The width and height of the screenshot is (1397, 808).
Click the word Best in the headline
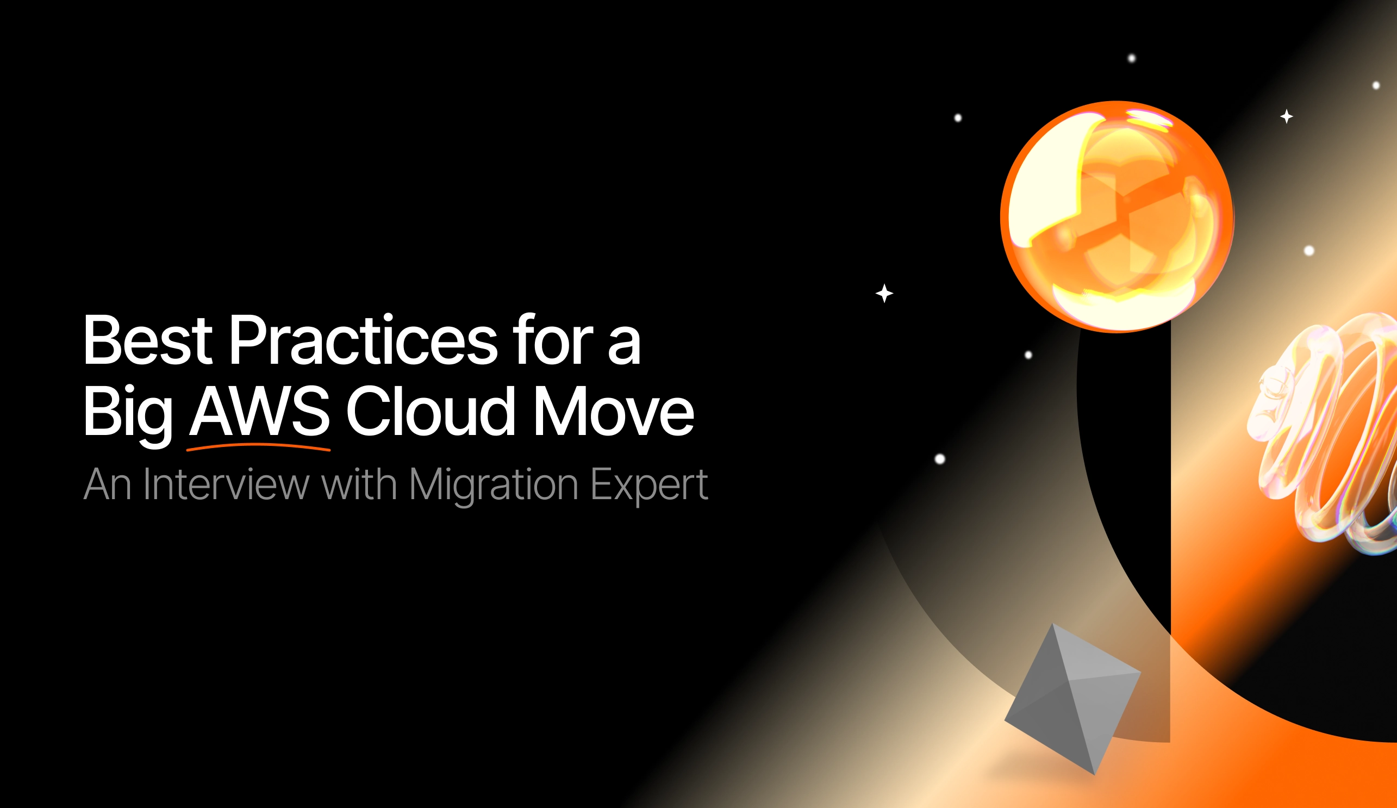147,339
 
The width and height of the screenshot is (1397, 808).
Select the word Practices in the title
364,339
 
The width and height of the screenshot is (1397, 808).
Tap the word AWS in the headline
259,411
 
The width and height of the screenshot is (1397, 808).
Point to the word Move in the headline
614,411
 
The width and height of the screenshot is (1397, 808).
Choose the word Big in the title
128,415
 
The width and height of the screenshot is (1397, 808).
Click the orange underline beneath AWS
258,447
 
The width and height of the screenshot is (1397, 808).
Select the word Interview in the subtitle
226,484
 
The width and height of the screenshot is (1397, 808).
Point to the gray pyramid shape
1072,699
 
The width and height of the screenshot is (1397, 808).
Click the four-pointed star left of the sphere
884,293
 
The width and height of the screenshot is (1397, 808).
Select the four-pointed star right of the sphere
1287,116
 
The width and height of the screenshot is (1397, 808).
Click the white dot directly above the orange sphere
1132,58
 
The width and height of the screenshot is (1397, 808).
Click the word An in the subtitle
108,484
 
